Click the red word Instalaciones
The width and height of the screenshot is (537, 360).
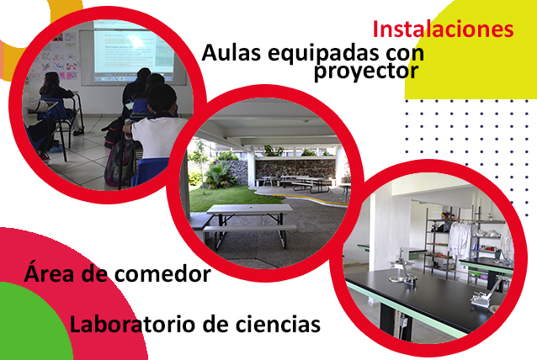point(443,29)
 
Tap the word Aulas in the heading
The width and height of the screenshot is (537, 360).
point(231,53)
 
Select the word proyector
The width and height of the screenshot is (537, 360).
point(366,71)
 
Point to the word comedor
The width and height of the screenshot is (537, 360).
point(162,274)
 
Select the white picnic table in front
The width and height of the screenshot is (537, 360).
point(249,222)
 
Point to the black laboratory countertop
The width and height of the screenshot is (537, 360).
point(428,298)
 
